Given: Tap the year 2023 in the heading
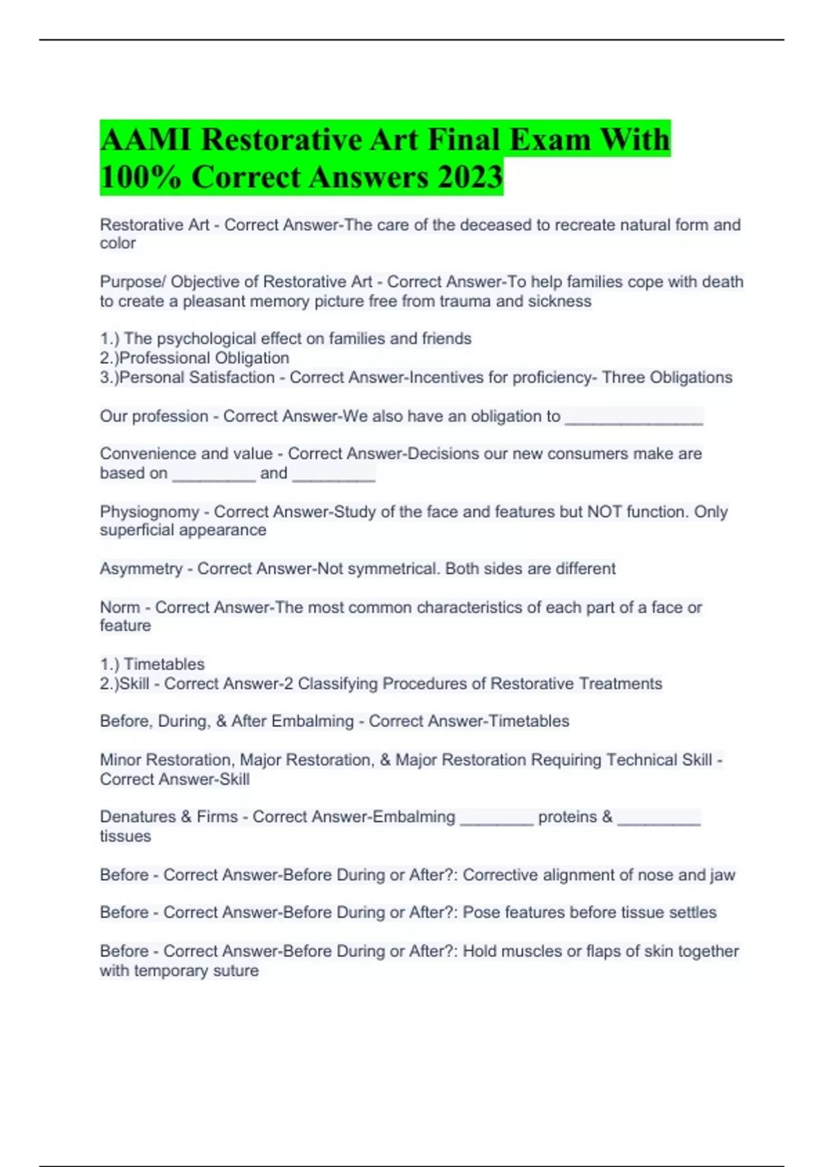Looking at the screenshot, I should click(470, 177).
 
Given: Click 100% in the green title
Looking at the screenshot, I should click(141, 177).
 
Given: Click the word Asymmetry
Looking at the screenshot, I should click(141, 569).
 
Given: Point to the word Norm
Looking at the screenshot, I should click(119, 608).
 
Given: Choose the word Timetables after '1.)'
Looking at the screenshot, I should click(164, 665).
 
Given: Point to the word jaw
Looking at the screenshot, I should click(722, 875).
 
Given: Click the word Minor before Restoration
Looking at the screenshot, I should click(120, 760).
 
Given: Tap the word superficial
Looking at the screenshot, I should click(137, 530).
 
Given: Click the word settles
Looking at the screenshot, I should click(689, 912).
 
